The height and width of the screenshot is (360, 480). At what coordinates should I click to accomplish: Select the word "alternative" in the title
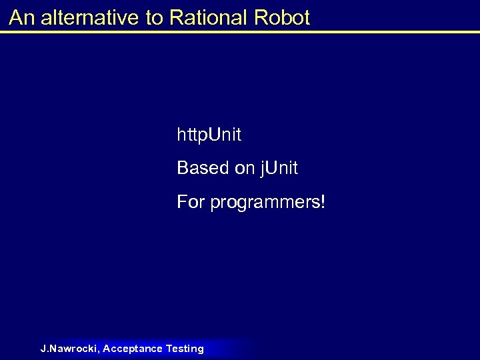(x=91, y=18)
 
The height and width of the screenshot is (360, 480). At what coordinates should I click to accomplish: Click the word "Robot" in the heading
(x=282, y=18)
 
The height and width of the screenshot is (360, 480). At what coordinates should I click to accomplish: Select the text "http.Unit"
(x=209, y=135)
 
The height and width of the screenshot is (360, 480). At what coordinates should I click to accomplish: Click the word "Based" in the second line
(x=203, y=169)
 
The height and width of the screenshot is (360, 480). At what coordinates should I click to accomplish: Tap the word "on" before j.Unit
(x=244, y=169)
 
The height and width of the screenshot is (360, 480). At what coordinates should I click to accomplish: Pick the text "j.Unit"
(x=279, y=169)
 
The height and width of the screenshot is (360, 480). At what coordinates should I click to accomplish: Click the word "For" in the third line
(x=191, y=201)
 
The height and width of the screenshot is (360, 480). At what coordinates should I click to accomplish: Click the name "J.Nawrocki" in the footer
(x=69, y=349)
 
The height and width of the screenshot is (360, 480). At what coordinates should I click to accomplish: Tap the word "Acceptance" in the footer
(x=133, y=349)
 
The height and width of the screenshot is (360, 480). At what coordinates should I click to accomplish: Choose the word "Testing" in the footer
(x=185, y=349)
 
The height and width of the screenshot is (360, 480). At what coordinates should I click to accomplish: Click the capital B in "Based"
(x=183, y=169)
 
